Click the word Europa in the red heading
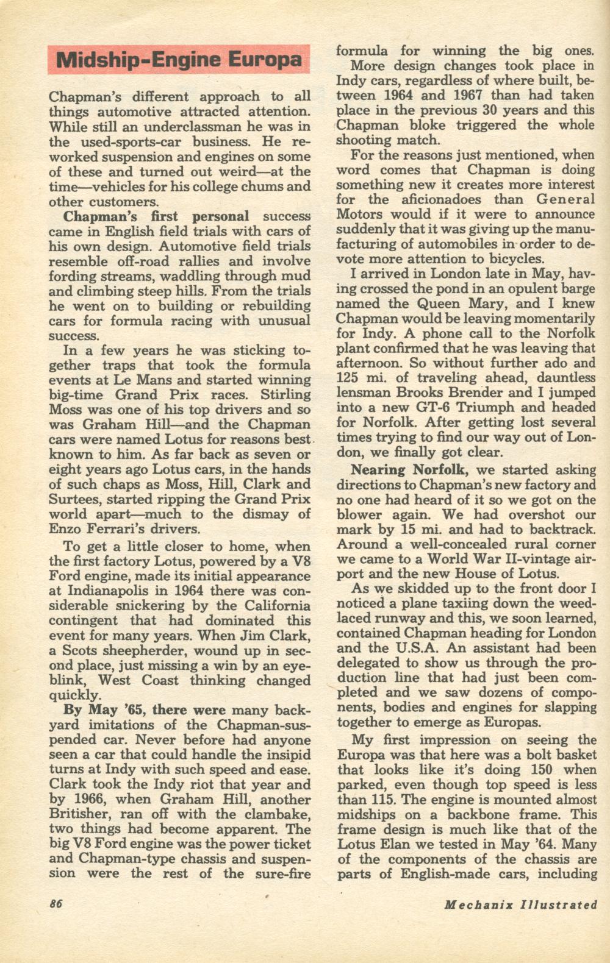264,60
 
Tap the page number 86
56,904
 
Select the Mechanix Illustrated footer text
520,904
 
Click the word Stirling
285,394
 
